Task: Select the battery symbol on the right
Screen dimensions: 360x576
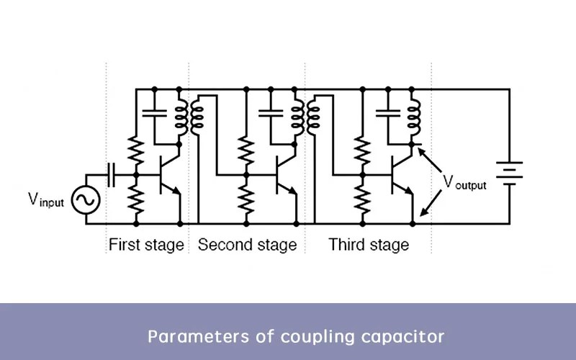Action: coord(510,174)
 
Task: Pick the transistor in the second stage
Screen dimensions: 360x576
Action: coord(282,176)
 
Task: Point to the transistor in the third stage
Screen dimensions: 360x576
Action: coord(398,176)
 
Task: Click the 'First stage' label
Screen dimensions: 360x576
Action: coord(146,245)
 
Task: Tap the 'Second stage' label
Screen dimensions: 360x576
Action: coord(247,245)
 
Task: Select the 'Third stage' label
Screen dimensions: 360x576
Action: coord(369,245)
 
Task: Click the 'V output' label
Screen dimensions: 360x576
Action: coord(464,182)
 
